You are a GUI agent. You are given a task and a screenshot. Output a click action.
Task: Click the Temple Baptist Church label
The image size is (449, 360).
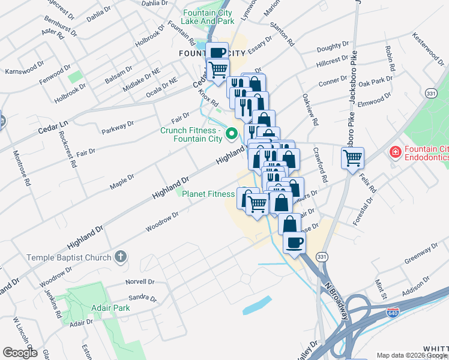click(x=69, y=257)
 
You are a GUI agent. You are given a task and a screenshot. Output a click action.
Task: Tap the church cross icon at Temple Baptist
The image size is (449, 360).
click(x=120, y=257)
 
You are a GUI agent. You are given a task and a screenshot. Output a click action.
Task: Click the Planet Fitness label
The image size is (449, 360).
click(x=208, y=194)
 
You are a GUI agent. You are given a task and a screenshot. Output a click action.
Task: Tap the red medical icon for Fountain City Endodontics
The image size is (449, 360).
click(x=395, y=152)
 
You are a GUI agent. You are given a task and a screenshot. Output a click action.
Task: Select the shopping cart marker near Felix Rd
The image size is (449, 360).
click(x=352, y=158)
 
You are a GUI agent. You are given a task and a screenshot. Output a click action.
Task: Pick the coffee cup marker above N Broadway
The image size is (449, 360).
click(x=294, y=242)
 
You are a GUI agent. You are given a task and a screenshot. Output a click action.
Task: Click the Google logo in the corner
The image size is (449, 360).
click(x=19, y=353)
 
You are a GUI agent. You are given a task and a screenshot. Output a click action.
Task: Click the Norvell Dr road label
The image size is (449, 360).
click(x=140, y=281)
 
